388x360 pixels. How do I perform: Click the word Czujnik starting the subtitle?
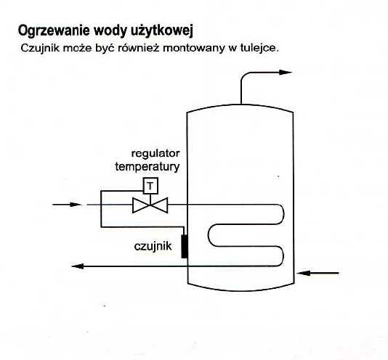coord(40,48)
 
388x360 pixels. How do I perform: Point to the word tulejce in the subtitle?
coord(259,48)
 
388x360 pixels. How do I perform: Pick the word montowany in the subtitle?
coord(194,48)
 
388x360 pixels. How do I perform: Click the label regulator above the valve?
coord(155,154)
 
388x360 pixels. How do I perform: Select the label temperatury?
coord(147,167)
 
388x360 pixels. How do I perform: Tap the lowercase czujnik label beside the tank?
coord(153,246)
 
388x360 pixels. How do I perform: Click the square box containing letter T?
coord(150,185)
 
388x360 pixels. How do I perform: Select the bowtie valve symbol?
coord(150,205)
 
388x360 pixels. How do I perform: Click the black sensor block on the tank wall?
coord(185,246)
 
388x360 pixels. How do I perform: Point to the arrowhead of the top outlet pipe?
coord(286,73)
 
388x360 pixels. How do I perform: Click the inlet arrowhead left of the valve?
coord(75,205)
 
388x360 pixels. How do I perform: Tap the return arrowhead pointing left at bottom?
coord(77,266)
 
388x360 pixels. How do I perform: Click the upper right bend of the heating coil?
coord(283,214)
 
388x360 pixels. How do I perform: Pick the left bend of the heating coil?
coord(209,235)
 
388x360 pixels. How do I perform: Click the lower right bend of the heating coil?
coord(283,256)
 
